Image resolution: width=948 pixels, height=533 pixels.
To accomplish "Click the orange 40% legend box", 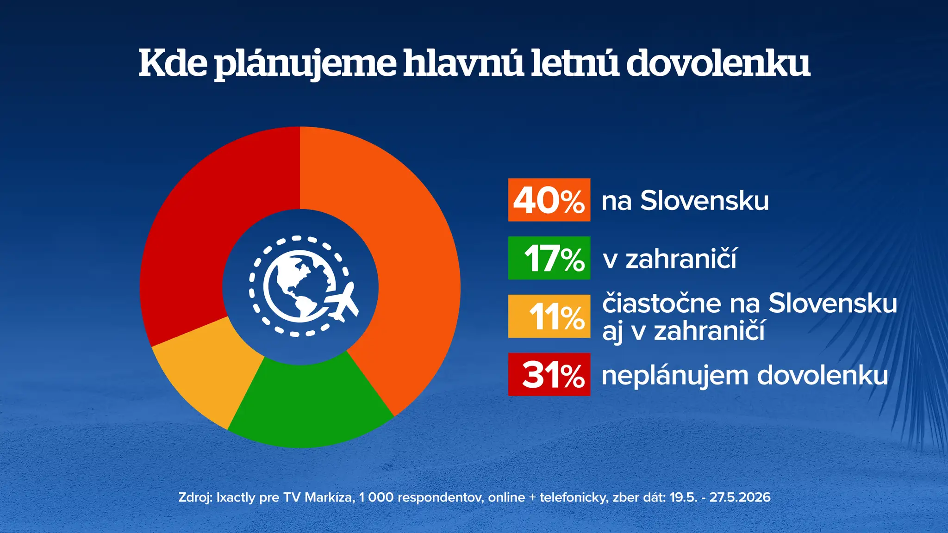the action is [549, 200].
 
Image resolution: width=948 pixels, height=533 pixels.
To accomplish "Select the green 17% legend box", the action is [549, 258].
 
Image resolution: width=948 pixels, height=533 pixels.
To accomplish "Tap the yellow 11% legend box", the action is [549, 316].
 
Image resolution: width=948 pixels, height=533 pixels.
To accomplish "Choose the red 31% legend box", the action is [549, 374].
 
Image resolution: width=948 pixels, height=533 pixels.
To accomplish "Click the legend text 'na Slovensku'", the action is [685, 201].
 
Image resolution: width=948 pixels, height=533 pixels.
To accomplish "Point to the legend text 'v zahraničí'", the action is [670, 258].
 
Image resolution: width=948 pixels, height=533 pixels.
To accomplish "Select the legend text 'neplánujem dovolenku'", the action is [745, 376].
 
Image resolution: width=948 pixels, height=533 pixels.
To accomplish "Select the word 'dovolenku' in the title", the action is [718, 63].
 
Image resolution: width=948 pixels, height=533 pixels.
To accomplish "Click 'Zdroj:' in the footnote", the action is [195, 497].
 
